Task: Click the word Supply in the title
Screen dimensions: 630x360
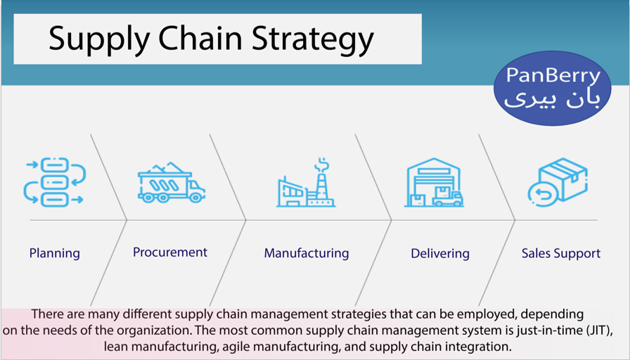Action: click(x=99, y=39)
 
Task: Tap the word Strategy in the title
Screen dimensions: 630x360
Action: click(x=313, y=39)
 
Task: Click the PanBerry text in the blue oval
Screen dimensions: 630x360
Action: click(x=553, y=75)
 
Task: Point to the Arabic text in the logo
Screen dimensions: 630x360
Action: click(x=552, y=100)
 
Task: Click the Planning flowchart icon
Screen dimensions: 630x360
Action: click(x=54, y=182)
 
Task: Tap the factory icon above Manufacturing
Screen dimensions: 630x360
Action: click(x=306, y=182)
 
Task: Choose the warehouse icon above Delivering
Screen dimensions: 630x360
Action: click(x=434, y=182)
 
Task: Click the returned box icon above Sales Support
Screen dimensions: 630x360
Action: click(x=558, y=182)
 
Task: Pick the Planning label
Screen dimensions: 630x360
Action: click(x=55, y=254)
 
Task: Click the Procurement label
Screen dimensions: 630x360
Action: click(x=170, y=252)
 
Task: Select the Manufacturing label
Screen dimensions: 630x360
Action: click(x=307, y=254)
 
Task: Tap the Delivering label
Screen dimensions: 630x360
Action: click(x=440, y=254)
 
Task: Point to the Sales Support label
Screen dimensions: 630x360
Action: click(x=561, y=254)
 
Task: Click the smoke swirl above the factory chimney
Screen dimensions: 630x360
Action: click(x=322, y=165)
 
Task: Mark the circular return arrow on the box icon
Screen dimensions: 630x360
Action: click(x=543, y=195)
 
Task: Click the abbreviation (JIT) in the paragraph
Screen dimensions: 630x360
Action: click(x=600, y=330)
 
